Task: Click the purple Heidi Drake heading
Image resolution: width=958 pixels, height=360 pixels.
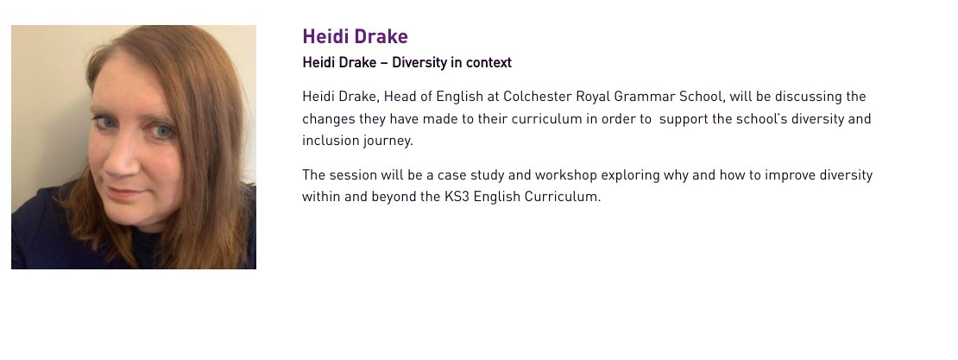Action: coord(355,36)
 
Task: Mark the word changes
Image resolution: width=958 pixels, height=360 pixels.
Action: coord(328,118)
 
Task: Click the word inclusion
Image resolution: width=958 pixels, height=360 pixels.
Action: coord(330,141)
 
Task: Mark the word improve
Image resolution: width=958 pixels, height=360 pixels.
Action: coord(779,175)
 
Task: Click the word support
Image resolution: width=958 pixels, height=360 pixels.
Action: coord(685,118)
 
